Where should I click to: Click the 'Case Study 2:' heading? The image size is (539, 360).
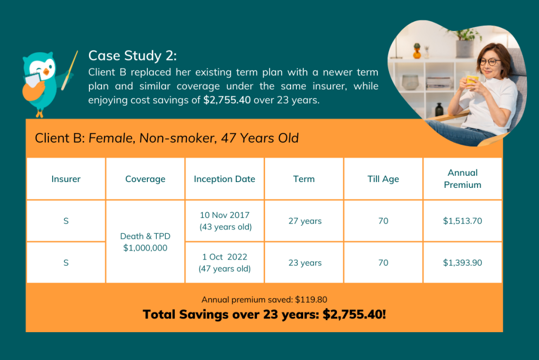tap(132, 56)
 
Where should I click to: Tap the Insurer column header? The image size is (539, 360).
tap(66, 179)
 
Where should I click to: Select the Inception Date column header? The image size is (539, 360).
tap(224, 179)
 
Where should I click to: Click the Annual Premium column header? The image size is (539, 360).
tap(462, 179)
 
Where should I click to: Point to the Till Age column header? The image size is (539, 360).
tap(383, 179)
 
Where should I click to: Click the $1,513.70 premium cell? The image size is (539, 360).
tap(462, 221)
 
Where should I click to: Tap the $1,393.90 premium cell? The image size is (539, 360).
tap(462, 263)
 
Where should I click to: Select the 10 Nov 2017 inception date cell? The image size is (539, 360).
tap(224, 221)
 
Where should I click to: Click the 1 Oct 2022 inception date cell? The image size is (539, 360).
tap(224, 263)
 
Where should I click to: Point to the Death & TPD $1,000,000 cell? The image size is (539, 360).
tap(145, 242)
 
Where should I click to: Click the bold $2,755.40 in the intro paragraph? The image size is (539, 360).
tap(227, 100)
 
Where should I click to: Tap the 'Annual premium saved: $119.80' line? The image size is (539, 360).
tap(264, 299)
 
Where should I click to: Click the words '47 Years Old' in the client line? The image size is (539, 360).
tap(260, 138)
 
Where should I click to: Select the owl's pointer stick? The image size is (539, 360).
tap(70, 70)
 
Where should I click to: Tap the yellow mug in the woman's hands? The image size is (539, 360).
tap(472, 81)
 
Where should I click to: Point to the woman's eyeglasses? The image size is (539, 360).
tap(490, 62)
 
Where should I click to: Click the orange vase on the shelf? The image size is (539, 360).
tap(417, 51)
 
